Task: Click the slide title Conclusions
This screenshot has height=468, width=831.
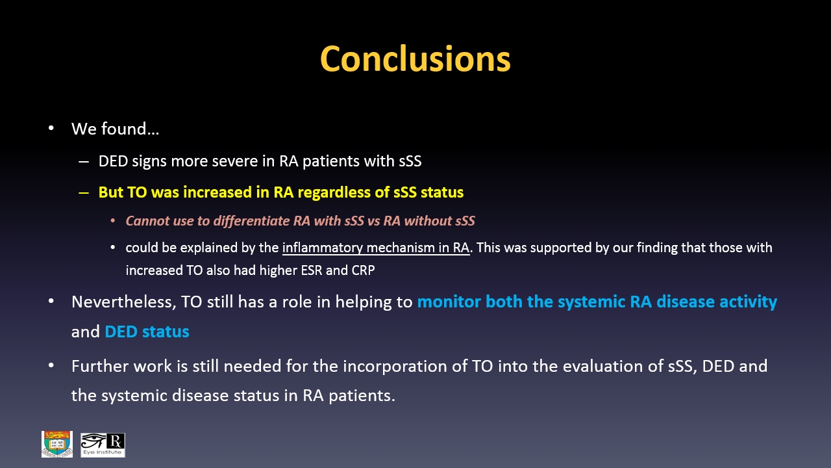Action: (415, 58)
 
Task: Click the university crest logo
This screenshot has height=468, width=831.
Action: (57, 444)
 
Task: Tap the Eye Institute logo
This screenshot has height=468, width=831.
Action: (103, 445)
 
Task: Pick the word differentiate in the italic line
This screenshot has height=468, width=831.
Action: (251, 220)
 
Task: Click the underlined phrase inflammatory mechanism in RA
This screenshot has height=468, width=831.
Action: (376, 248)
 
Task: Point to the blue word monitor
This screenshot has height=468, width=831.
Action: (449, 302)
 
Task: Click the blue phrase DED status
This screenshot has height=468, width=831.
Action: (147, 331)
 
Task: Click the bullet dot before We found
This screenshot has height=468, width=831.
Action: (51, 128)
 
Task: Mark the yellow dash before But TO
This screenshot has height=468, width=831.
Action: (84, 193)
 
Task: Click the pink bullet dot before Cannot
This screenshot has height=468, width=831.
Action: (113, 221)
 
